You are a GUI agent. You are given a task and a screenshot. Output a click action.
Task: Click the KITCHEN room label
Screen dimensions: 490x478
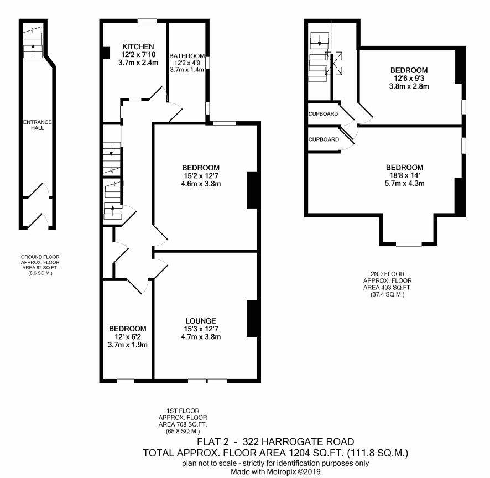(138, 46)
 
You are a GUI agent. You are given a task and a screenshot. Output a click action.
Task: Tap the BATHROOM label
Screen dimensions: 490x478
(187, 56)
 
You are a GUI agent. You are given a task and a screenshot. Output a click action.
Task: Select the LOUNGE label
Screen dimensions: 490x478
(201, 321)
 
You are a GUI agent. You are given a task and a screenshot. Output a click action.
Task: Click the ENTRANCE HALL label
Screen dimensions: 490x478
(38, 124)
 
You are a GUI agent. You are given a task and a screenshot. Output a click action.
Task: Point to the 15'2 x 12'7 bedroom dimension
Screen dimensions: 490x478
(201, 176)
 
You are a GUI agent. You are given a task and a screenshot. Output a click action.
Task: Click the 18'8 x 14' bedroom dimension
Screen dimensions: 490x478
(405, 175)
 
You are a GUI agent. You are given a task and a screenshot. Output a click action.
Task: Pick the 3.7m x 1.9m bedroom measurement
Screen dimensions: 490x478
(128, 345)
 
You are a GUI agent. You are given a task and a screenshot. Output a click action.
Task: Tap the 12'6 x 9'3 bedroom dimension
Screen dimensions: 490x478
(409, 78)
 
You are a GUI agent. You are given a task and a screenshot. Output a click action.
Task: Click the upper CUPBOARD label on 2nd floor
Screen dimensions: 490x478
(323, 114)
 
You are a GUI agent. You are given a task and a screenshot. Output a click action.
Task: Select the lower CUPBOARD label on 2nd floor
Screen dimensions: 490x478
(324, 139)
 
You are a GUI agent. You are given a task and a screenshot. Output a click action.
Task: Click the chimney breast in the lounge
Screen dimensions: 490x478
(252, 319)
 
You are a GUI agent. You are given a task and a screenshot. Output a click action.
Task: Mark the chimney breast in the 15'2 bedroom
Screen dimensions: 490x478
(252, 190)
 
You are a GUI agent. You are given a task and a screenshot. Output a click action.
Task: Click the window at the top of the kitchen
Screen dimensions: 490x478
(147, 21)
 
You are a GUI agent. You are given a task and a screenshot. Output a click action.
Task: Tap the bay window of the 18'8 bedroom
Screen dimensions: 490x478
(409, 244)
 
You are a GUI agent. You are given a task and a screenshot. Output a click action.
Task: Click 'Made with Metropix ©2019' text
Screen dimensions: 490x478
(275, 471)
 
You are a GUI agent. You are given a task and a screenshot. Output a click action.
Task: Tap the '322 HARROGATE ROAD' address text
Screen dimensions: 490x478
(299, 441)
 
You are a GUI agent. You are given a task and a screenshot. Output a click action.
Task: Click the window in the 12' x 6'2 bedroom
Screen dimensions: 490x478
(126, 381)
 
